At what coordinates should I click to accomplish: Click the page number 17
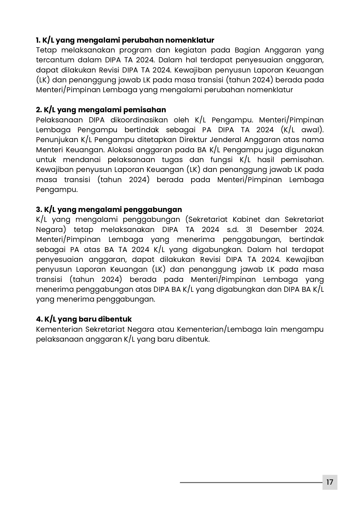point(330,482)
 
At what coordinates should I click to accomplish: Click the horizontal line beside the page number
point(251,483)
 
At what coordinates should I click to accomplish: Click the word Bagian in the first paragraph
point(246,50)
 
